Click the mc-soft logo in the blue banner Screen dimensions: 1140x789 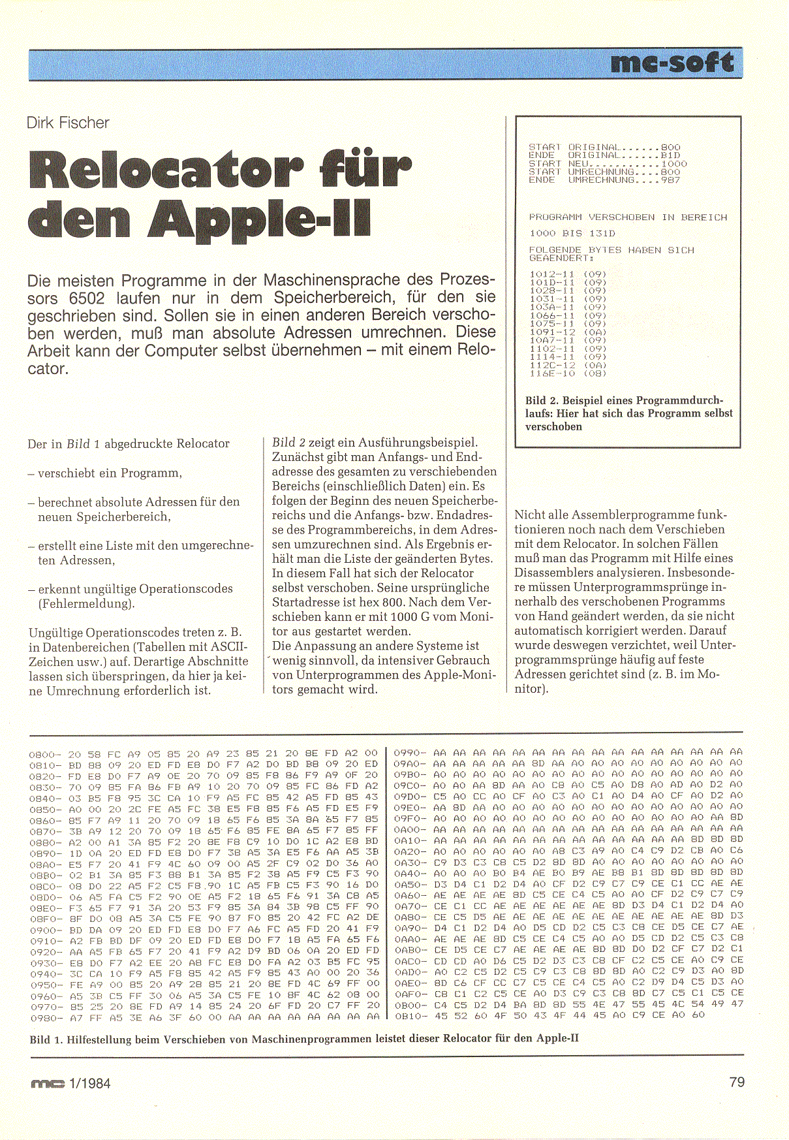tap(673, 63)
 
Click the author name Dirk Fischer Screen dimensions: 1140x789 tap(68, 123)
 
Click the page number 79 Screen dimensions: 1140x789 tap(737, 1082)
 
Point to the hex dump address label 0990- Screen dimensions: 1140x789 tap(410, 753)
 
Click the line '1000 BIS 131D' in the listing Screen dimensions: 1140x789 tap(572, 233)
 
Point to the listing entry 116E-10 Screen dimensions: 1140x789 tap(552, 373)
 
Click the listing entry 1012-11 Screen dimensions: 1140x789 tap(552, 274)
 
